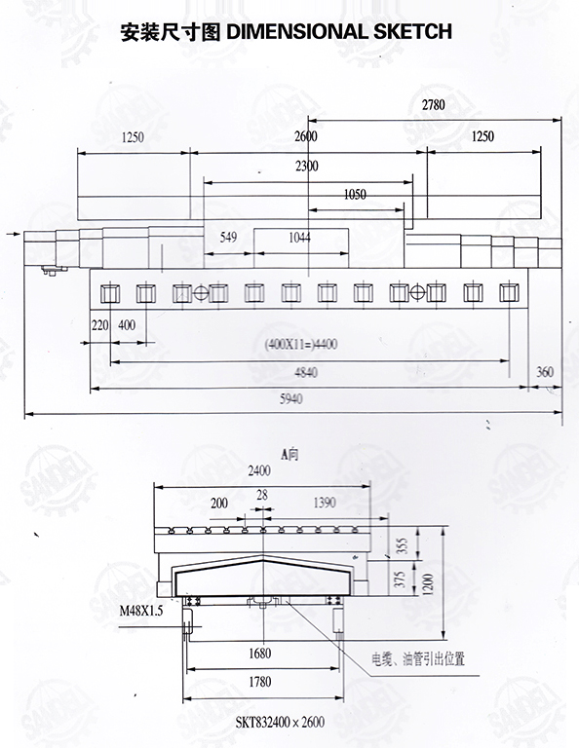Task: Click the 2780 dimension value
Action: pyautogui.click(x=433, y=104)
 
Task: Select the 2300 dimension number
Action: pyautogui.click(x=306, y=166)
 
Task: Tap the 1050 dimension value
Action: pyautogui.click(x=355, y=194)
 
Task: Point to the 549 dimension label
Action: pyautogui.click(x=228, y=237)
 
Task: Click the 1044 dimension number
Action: pyautogui.click(x=299, y=237)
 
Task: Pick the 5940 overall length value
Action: pyautogui.click(x=291, y=398)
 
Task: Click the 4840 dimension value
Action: pyautogui.click(x=306, y=372)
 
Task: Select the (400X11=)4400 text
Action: pyautogui.click(x=301, y=344)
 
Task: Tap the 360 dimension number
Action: pyautogui.click(x=545, y=372)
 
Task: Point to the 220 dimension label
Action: pyautogui.click(x=100, y=325)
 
